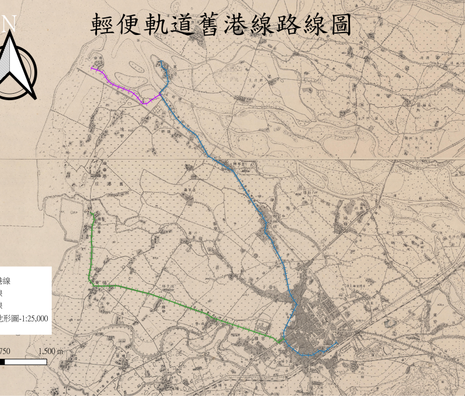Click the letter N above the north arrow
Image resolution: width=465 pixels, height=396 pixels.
pyautogui.click(x=9, y=24)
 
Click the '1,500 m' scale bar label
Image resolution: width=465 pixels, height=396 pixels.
pyautogui.click(x=51, y=352)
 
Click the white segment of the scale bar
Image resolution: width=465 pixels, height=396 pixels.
pyautogui.click(x=26, y=362)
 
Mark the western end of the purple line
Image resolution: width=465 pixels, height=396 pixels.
pyautogui.click(x=91, y=68)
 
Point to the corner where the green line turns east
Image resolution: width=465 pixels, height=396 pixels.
pyautogui.click(x=90, y=280)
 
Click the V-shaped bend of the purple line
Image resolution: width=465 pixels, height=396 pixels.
pyautogui.click(x=144, y=103)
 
